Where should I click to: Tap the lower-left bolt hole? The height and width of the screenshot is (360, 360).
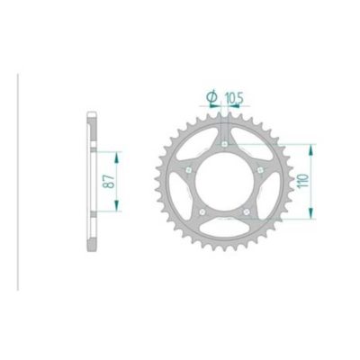pos(202,211)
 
